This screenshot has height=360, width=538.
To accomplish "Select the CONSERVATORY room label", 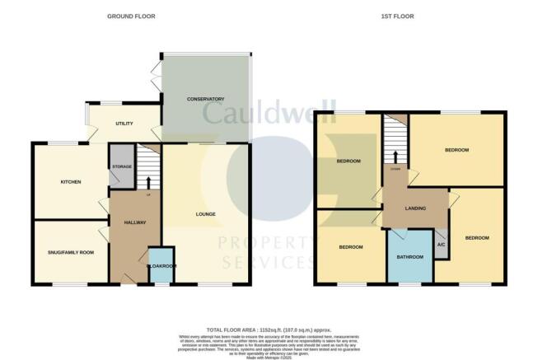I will pyautogui.click(x=205, y=100).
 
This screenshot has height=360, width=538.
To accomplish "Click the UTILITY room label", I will pyautogui.click(x=124, y=124).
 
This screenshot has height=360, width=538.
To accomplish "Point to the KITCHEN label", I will pyautogui.click(x=69, y=181).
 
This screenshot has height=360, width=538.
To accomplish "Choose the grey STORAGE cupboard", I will pyautogui.click(x=121, y=167).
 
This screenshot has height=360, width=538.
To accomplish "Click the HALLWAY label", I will pyautogui.click(x=135, y=223).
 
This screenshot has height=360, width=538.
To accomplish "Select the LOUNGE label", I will pyautogui.click(x=206, y=215).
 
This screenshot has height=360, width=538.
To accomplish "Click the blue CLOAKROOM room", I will pyautogui.click(x=161, y=266).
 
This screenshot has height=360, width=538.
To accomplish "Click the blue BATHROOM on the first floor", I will pyautogui.click(x=410, y=256).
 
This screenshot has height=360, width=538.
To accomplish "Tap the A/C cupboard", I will pyautogui.click(x=441, y=245).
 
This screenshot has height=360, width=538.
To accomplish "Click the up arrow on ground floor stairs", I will pyautogui.click(x=148, y=182).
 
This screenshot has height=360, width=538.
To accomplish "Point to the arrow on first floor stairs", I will pyautogui.click(x=395, y=157).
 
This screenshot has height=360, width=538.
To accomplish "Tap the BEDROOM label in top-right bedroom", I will pyautogui.click(x=456, y=150).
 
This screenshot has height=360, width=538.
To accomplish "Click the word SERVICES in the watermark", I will pyautogui.click(x=269, y=262).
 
